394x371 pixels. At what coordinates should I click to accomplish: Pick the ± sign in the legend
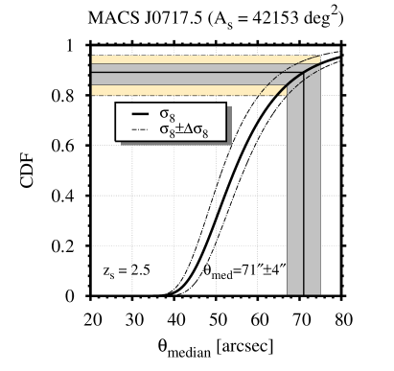179,128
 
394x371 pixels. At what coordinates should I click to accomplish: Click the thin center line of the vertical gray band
304,192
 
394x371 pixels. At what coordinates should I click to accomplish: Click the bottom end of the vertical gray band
304,292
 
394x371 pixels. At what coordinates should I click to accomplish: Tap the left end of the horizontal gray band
94,75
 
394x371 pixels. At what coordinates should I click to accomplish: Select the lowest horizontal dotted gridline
192,245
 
